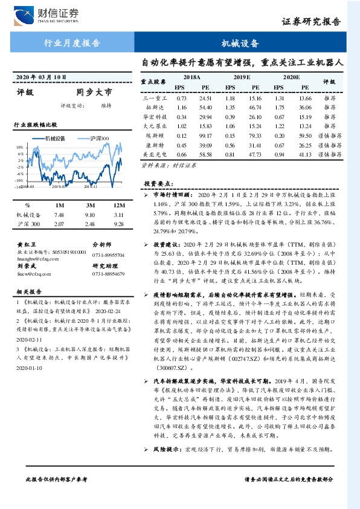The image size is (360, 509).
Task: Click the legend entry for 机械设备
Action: tap(56, 138)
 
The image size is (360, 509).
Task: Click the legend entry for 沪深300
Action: tap(100, 138)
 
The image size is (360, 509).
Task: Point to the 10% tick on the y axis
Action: tap(19, 147)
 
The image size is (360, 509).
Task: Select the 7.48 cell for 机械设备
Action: tap(59, 215)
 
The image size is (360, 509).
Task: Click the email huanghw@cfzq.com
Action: tap(35, 256)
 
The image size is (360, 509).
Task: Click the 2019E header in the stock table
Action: tap(242, 78)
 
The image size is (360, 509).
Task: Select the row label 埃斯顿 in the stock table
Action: tap(154, 137)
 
